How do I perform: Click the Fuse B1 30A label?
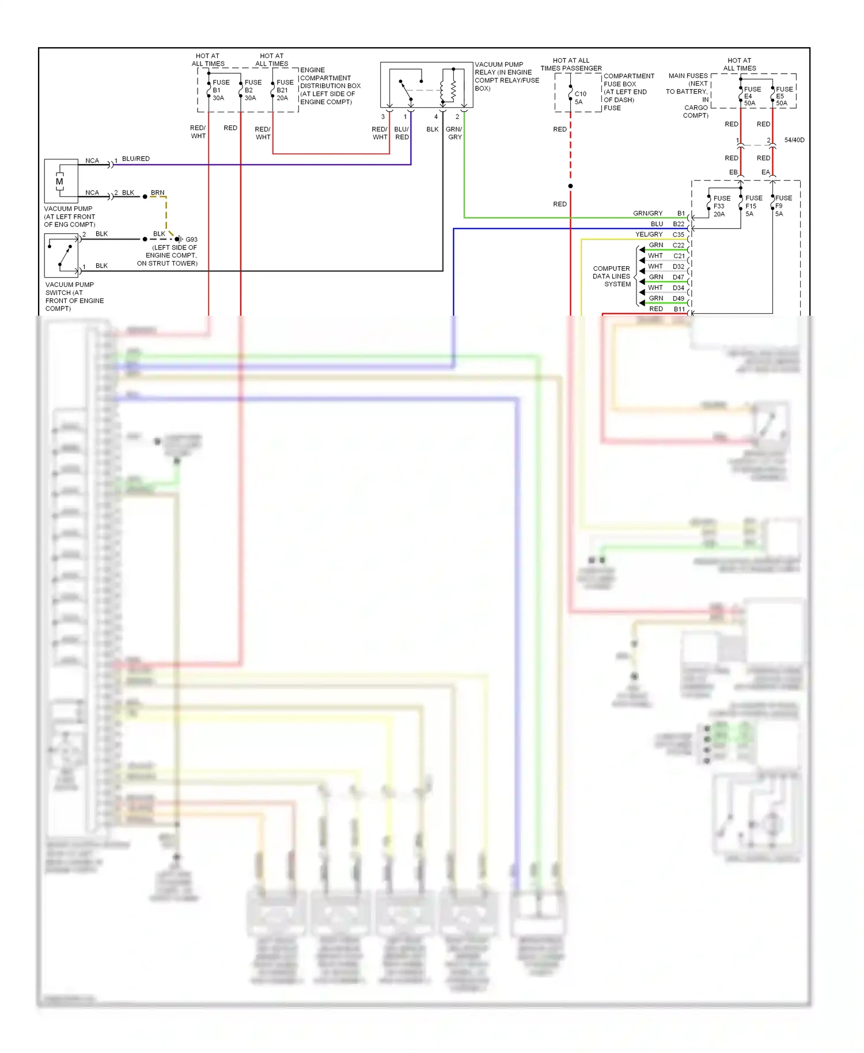pos(221,90)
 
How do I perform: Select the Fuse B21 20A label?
pos(285,90)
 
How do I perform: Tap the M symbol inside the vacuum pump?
pos(59,181)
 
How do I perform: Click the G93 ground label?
pos(191,240)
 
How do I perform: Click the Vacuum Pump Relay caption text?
pos(506,77)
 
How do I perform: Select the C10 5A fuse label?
pos(580,98)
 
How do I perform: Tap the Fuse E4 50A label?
pos(752,96)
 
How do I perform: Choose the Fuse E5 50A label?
pos(783,96)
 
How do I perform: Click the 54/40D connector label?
pos(794,140)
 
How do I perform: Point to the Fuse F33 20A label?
pos(721,206)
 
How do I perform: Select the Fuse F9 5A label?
pos(783,206)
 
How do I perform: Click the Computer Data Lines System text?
pos(612,276)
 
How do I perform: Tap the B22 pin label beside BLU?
pos(679,224)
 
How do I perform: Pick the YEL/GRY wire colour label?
pos(649,234)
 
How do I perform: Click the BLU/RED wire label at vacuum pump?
pos(136,159)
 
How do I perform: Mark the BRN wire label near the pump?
pos(157,193)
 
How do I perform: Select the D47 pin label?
pos(679,277)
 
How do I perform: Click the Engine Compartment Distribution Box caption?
pos(329,86)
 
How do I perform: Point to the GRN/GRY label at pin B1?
pos(647,214)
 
